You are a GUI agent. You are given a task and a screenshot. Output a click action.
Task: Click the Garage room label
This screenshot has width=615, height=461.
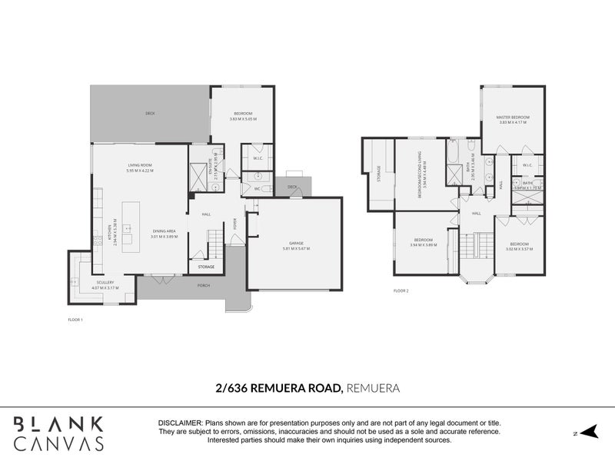click(x=296, y=244)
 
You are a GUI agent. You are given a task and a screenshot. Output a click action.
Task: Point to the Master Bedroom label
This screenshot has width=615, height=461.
click(x=513, y=117)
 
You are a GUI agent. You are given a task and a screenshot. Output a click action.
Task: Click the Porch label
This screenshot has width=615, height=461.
click(x=203, y=285)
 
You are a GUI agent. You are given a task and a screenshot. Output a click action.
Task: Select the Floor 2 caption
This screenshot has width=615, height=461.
click(x=401, y=291)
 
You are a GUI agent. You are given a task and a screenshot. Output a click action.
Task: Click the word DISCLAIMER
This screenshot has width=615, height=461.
click(x=180, y=423)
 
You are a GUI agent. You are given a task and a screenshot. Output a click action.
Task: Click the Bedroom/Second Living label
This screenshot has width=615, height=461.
click(x=420, y=175)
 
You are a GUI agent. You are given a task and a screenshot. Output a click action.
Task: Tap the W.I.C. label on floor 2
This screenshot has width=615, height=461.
click(x=527, y=165)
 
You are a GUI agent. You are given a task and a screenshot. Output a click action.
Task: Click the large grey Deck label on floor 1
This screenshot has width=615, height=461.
click(x=150, y=114)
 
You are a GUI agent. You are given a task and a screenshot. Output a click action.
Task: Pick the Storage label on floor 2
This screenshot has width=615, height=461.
click(x=378, y=174)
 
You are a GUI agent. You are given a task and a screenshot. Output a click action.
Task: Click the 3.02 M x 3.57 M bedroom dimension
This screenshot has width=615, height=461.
click(x=519, y=250)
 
